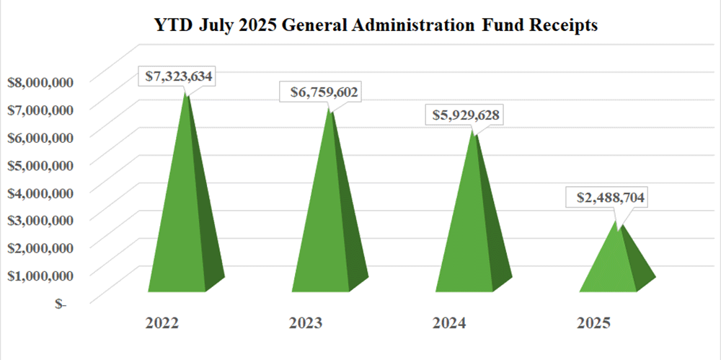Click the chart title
(x=376, y=26)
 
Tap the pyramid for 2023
(x=328, y=224)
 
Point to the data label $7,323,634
(x=177, y=76)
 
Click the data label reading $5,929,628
(x=466, y=115)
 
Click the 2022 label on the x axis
(x=162, y=322)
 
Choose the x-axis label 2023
(x=306, y=322)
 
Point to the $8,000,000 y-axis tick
(x=40, y=82)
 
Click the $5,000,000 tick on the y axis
(x=40, y=165)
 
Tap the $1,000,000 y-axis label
(x=40, y=276)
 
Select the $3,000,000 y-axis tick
(x=40, y=221)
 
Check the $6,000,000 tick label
(x=40, y=137)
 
